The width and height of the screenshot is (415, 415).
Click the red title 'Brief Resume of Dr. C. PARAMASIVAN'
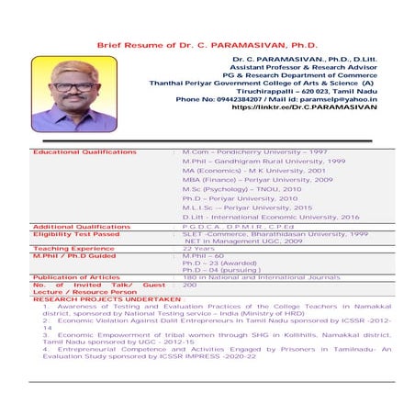coord(207,44)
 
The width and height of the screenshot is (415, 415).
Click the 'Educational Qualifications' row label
coord(84,151)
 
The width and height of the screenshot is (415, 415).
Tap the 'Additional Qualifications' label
coord(82,226)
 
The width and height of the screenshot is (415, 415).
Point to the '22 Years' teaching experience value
coord(198,248)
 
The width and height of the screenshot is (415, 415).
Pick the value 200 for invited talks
coord(190,285)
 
